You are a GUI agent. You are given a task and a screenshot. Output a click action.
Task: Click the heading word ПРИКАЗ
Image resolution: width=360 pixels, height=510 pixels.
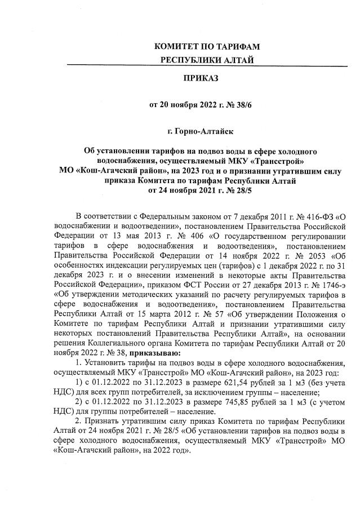[201, 77]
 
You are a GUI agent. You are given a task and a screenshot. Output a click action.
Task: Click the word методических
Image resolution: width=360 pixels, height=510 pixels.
[146, 294]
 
